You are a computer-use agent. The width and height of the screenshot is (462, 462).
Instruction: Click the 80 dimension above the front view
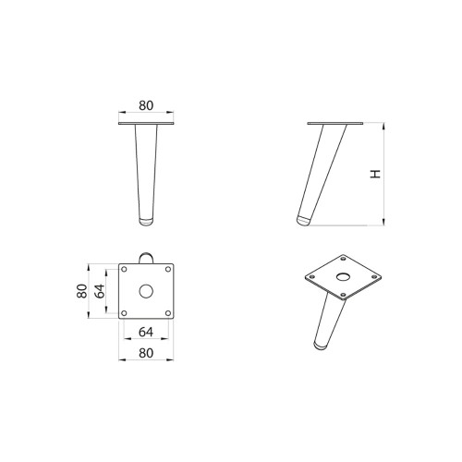pos(145,105)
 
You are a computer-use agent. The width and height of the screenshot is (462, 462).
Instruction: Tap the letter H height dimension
pos(374,173)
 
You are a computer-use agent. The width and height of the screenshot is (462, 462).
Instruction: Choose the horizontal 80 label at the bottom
pos(145,351)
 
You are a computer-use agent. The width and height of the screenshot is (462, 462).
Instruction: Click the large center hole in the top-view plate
pos(145,290)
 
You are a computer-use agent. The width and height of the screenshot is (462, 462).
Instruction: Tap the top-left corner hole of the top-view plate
pos(125,270)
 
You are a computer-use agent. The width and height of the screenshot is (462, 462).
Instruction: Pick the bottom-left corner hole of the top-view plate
pos(125,311)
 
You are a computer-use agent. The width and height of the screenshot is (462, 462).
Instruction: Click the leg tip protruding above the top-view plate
pos(145,255)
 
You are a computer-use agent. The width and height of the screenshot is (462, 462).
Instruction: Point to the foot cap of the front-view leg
pos(145,221)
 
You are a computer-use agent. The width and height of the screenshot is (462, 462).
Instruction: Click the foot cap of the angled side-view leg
pos(303,222)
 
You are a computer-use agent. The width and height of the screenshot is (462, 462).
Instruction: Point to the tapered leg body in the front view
pos(145,171)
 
